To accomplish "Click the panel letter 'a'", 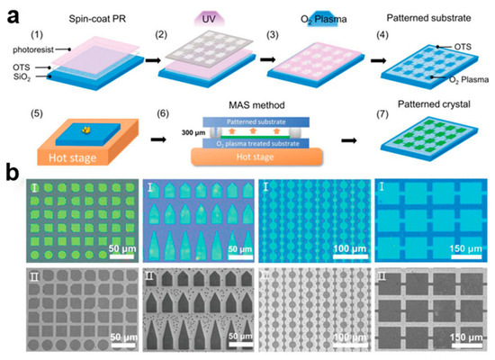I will click(12, 11).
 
